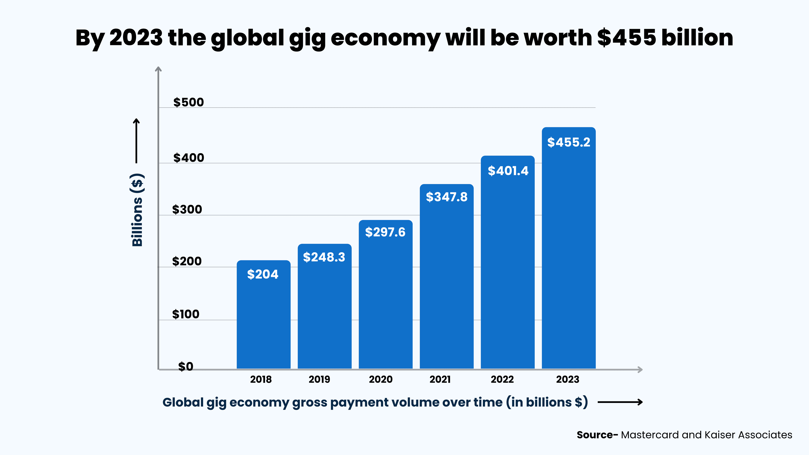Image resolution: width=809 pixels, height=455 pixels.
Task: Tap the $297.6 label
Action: tap(385, 232)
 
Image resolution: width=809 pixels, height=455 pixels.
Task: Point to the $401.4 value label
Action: tap(508, 171)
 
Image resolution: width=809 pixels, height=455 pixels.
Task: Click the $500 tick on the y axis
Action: tap(188, 102)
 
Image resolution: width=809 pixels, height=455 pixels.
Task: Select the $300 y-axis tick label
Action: tap(187, 209)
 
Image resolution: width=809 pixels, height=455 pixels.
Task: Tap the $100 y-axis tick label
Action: tap(186, 314)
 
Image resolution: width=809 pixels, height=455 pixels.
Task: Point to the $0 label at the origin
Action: tap(186, 367)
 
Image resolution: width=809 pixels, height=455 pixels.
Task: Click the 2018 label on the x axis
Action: tap(261, 379)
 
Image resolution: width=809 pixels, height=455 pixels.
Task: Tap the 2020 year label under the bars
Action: tap(381, 379)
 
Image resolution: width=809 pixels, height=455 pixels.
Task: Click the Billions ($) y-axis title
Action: tap(137, 210)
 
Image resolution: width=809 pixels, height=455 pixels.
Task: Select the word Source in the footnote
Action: tap(595, 435)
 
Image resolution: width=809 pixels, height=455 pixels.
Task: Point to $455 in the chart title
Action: tap(627, 38)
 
